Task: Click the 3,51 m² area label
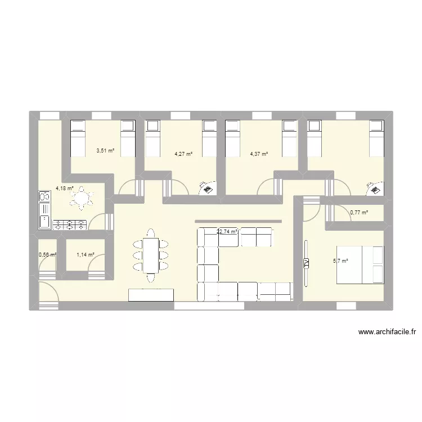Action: (105, 151)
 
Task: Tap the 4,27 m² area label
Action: (183, 154)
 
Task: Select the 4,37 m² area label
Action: (259, 154)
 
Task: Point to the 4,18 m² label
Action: (64, 188)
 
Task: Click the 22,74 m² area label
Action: (227, 231)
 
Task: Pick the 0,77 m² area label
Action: (359, 213)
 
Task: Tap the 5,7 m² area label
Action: (340, 261)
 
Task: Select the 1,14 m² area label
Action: (85, 255)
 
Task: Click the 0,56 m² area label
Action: (47, 255)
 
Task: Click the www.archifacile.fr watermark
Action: (387, 332)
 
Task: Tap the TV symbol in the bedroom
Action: (307, 263)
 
